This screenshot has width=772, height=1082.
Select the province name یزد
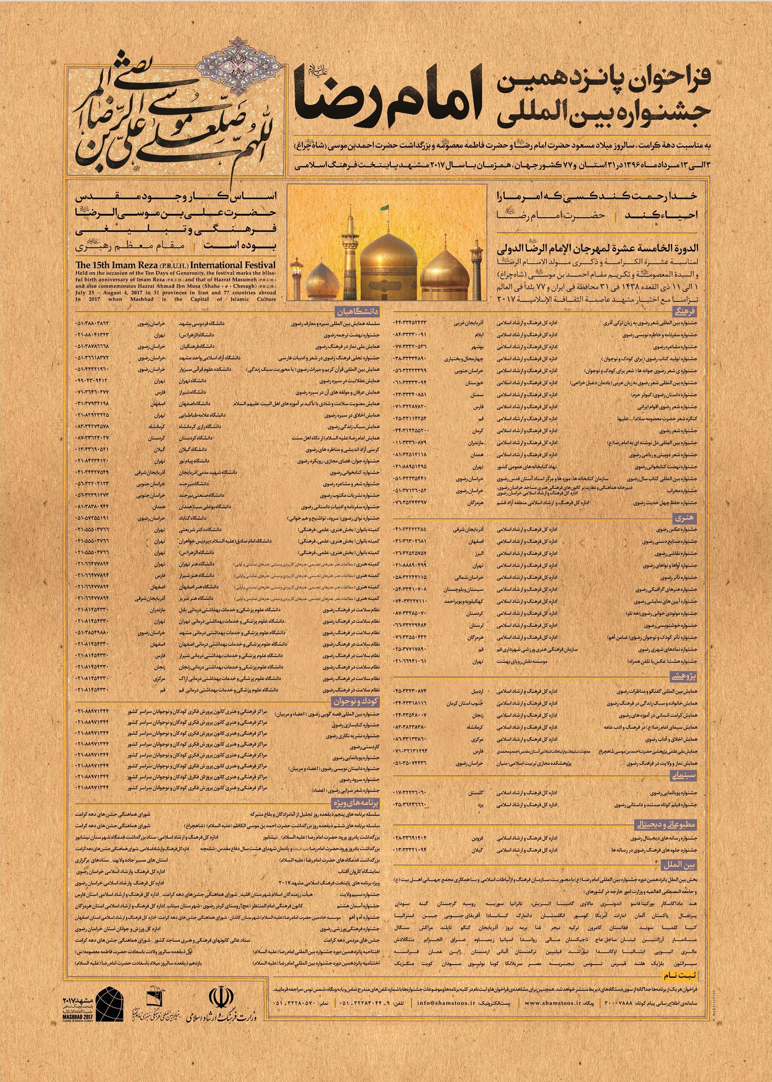coord(480,805)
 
